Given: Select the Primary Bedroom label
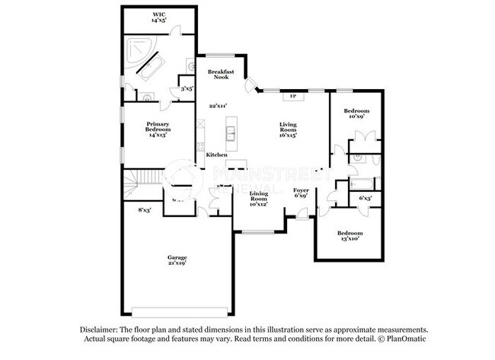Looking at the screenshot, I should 158,127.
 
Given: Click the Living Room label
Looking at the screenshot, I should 288,127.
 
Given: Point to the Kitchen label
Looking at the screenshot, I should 216,155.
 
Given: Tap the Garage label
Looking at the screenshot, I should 177,260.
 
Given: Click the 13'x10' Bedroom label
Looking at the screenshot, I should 350,236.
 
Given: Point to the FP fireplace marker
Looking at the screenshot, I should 292,96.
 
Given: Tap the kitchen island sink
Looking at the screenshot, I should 229,135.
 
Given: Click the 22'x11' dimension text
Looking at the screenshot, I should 219,106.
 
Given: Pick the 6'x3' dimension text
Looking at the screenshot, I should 365,199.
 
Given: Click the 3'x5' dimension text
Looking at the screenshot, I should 185,90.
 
